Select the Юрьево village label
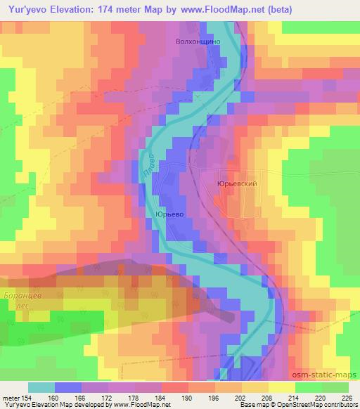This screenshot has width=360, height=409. [x=169, y=214]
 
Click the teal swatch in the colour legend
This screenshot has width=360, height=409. [x=41, y=387]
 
